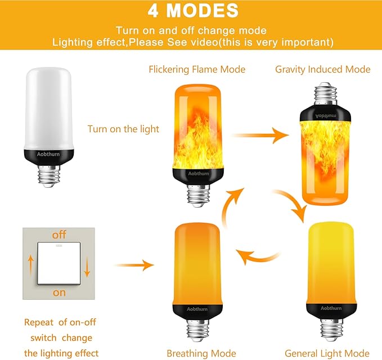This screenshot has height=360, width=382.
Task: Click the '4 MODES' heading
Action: point(192,11)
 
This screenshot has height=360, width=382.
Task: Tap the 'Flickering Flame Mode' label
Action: point(197,69)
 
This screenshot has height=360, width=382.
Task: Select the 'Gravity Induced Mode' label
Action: point(322,69)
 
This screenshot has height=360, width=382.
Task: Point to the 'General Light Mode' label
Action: point(326,353)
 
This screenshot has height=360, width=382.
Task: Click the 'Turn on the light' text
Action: point(123,129)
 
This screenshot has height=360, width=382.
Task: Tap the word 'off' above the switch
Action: point(59,235)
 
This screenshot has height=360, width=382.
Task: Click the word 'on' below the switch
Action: point(59,292)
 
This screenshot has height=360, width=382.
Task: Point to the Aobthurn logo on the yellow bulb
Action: point(330,308)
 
